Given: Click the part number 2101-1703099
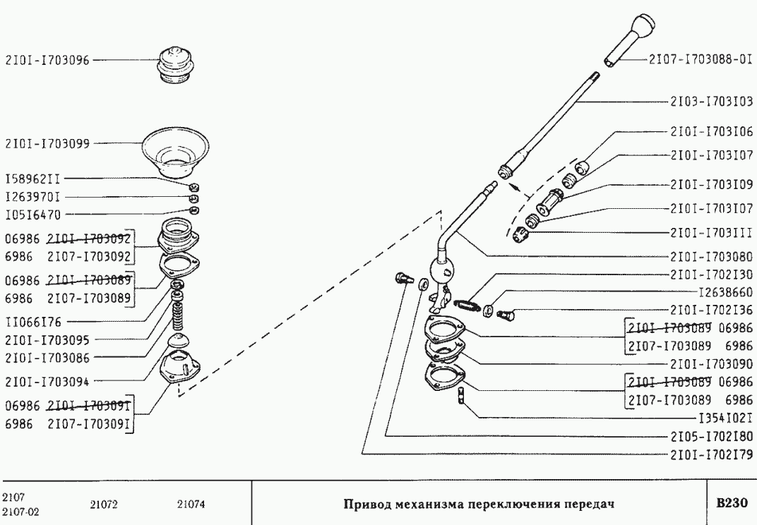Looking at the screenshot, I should click(x=47, y=143).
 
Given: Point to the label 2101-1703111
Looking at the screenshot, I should click(x=710, y=231).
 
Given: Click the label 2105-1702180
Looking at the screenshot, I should click(x=710, y=435).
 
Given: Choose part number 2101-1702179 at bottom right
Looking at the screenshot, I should click(x=710, y=454).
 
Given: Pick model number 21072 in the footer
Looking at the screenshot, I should click(x=103, y=505).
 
